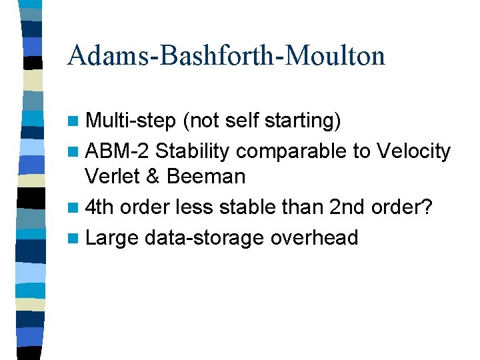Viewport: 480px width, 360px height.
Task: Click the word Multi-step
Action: pos(131,121)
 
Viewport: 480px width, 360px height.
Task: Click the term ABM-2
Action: pos(117,151)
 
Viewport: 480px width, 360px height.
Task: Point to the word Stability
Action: pos(193,151)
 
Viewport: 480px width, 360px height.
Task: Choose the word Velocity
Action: pos(413,151)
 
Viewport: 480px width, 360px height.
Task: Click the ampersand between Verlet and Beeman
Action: pos(155,177)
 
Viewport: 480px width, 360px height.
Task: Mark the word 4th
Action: pos(101,207)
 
